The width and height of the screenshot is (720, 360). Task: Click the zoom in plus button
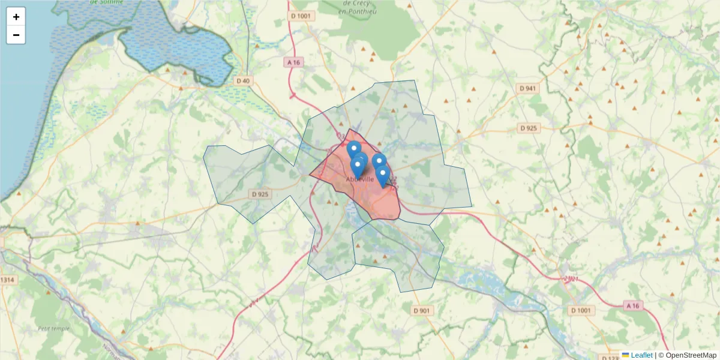(16, 17)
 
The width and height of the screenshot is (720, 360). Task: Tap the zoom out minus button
(16, 35)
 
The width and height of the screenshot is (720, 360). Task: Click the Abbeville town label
(360, 179)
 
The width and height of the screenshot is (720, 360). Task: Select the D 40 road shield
(242, 81)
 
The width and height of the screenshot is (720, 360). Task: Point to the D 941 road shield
(529, 88)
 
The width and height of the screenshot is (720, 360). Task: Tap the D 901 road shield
(422, 310)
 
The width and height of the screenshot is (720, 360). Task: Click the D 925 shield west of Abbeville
(260, 194)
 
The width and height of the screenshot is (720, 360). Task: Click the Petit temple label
(53, 328)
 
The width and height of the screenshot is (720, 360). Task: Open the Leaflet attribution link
(641, 355)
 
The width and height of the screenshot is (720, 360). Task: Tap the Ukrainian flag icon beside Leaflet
(625, 355)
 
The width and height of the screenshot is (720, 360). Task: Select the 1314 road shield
(8, 280)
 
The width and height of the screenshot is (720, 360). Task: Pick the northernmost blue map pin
(354, 148)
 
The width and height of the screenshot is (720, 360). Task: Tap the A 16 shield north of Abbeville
(293, 62)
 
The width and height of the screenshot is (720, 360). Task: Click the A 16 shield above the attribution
(632, 306)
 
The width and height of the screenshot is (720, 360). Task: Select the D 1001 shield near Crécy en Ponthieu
(301, 16)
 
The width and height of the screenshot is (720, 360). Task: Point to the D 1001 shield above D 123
(581, 310)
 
